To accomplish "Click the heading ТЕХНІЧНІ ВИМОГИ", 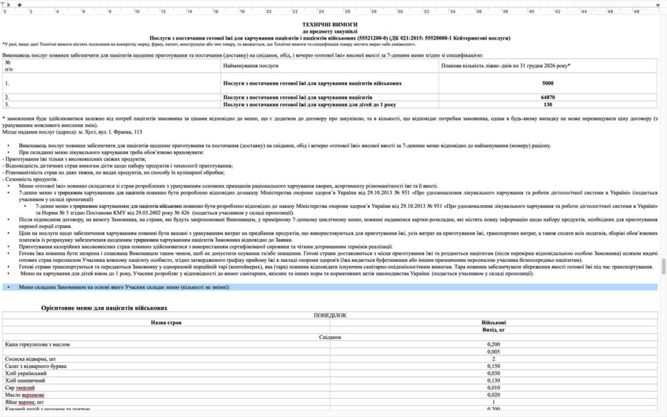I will click(330, 23).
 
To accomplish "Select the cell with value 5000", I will click(547, 83).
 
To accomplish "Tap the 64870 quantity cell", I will click(547, 97).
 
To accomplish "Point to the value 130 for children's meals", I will click(547, 104).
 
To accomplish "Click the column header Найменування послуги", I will click(251, 66).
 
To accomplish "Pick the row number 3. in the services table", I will click(7, 104).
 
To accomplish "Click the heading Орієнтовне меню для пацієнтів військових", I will click(104, 307).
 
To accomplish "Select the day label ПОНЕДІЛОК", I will click(330, 315).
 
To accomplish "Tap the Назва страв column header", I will click(166, 322).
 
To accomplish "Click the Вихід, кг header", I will click(493, 330).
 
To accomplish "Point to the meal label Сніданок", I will click(330, 337).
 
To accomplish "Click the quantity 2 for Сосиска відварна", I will click(493, 359).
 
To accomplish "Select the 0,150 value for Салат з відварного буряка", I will click(493, 366).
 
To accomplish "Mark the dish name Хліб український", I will click(25, 373).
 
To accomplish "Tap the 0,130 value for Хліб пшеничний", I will click(493, 381).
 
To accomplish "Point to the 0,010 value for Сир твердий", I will click(493, 388).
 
